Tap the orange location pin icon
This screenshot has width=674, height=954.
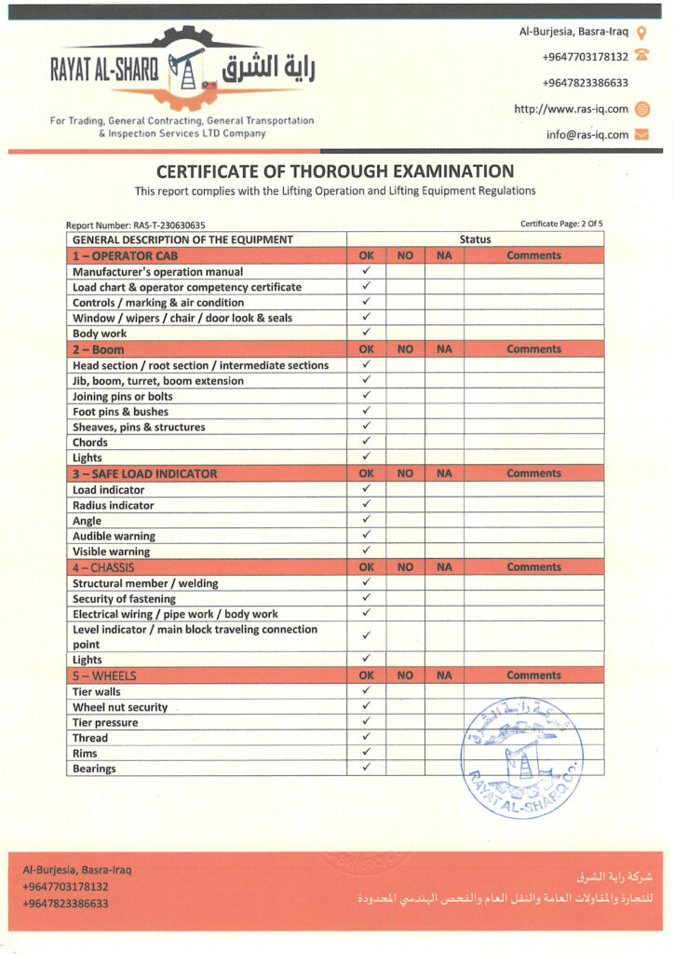pyautogui.click(x=641, y=32)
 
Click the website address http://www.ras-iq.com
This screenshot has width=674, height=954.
pyautogui.click(x=571, y=109)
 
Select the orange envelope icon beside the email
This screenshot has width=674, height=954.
pyautogui.click(x=641, y=134)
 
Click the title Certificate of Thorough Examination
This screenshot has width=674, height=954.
pyautogui.click(x=335, y=171)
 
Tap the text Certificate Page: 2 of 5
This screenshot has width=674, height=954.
pyautogui.click(x=561, y=224)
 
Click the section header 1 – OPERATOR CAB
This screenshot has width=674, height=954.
pyautogui.click(x=125, y=255)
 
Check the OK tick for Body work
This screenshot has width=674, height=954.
pyautogui.click(x=367, y=333)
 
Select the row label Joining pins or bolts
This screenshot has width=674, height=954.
pyautogui.click(x=123, y=396)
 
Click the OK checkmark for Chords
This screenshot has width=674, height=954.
pyautogui.click(x=367, y=442)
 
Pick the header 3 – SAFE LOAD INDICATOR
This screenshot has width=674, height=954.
pyautogui.click(x=144, y=473)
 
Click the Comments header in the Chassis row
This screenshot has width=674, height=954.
pyautogui.click(x=533, y=566)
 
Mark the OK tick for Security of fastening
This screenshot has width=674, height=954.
pyautogui.click(x=367, y=598)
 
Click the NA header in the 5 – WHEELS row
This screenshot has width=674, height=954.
pyautogui.click(x=444, y=675)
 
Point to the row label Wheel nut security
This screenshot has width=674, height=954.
pyautogui.click(x=120, y=707)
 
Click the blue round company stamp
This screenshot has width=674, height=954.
pyautogui.click(x=522, y=756)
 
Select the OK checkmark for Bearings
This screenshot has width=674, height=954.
pyautogui.click(x=367, y=768)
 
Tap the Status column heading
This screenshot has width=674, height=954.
pyautogui.click(x=475, y=239)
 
